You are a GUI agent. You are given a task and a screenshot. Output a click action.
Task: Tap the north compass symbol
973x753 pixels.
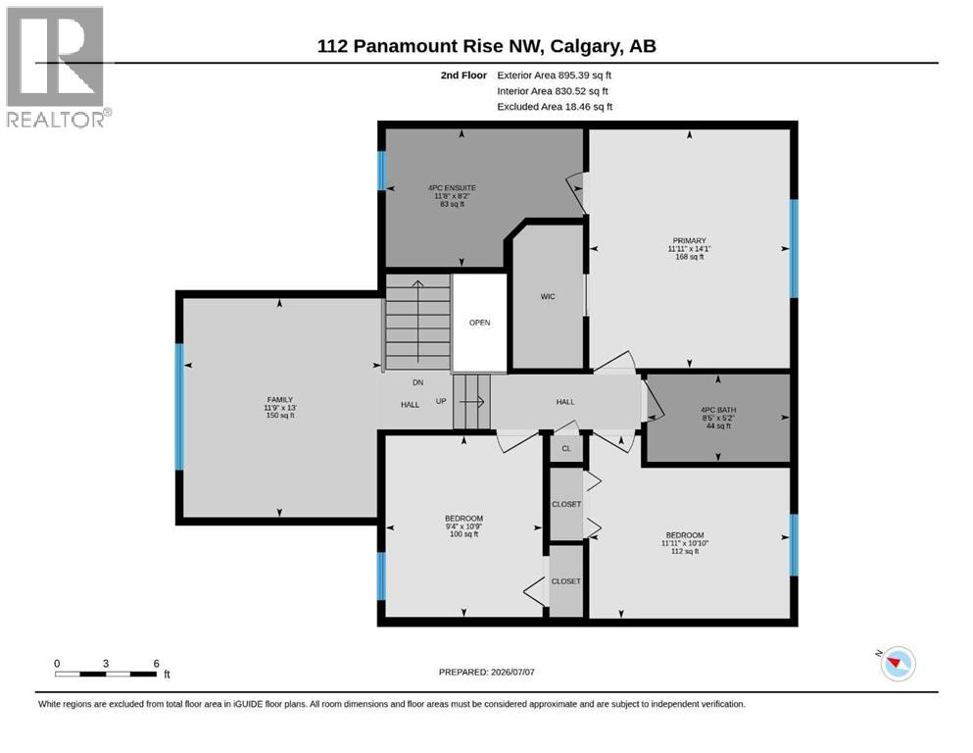click(x=896, y=663)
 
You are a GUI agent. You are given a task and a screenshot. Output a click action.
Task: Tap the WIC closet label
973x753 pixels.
click(x=548, y=297)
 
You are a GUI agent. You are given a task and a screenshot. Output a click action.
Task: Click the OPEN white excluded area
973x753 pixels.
click(x=480, y=323)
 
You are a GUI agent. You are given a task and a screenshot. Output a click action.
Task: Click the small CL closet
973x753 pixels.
click(x=566, y=448)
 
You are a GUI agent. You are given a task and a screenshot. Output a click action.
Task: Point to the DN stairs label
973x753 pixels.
click(x=417, y=382)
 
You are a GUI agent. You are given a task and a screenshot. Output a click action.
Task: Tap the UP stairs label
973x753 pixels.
click(x=441, y=401)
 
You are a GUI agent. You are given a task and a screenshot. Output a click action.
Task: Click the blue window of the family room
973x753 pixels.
click(x=179, y=407)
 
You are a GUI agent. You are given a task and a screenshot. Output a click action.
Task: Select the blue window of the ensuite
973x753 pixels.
click(x=381, y=171)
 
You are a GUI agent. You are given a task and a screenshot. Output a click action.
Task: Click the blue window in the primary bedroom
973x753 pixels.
click(x=794, y=248)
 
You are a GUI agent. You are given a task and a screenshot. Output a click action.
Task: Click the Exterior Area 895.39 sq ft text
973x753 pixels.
click(x=555, y=75)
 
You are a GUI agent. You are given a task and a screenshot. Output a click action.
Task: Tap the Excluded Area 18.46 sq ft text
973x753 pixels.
click(x=555, y=107)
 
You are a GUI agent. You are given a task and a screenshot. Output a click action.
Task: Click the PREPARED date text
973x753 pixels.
click(x=486, y=672)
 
